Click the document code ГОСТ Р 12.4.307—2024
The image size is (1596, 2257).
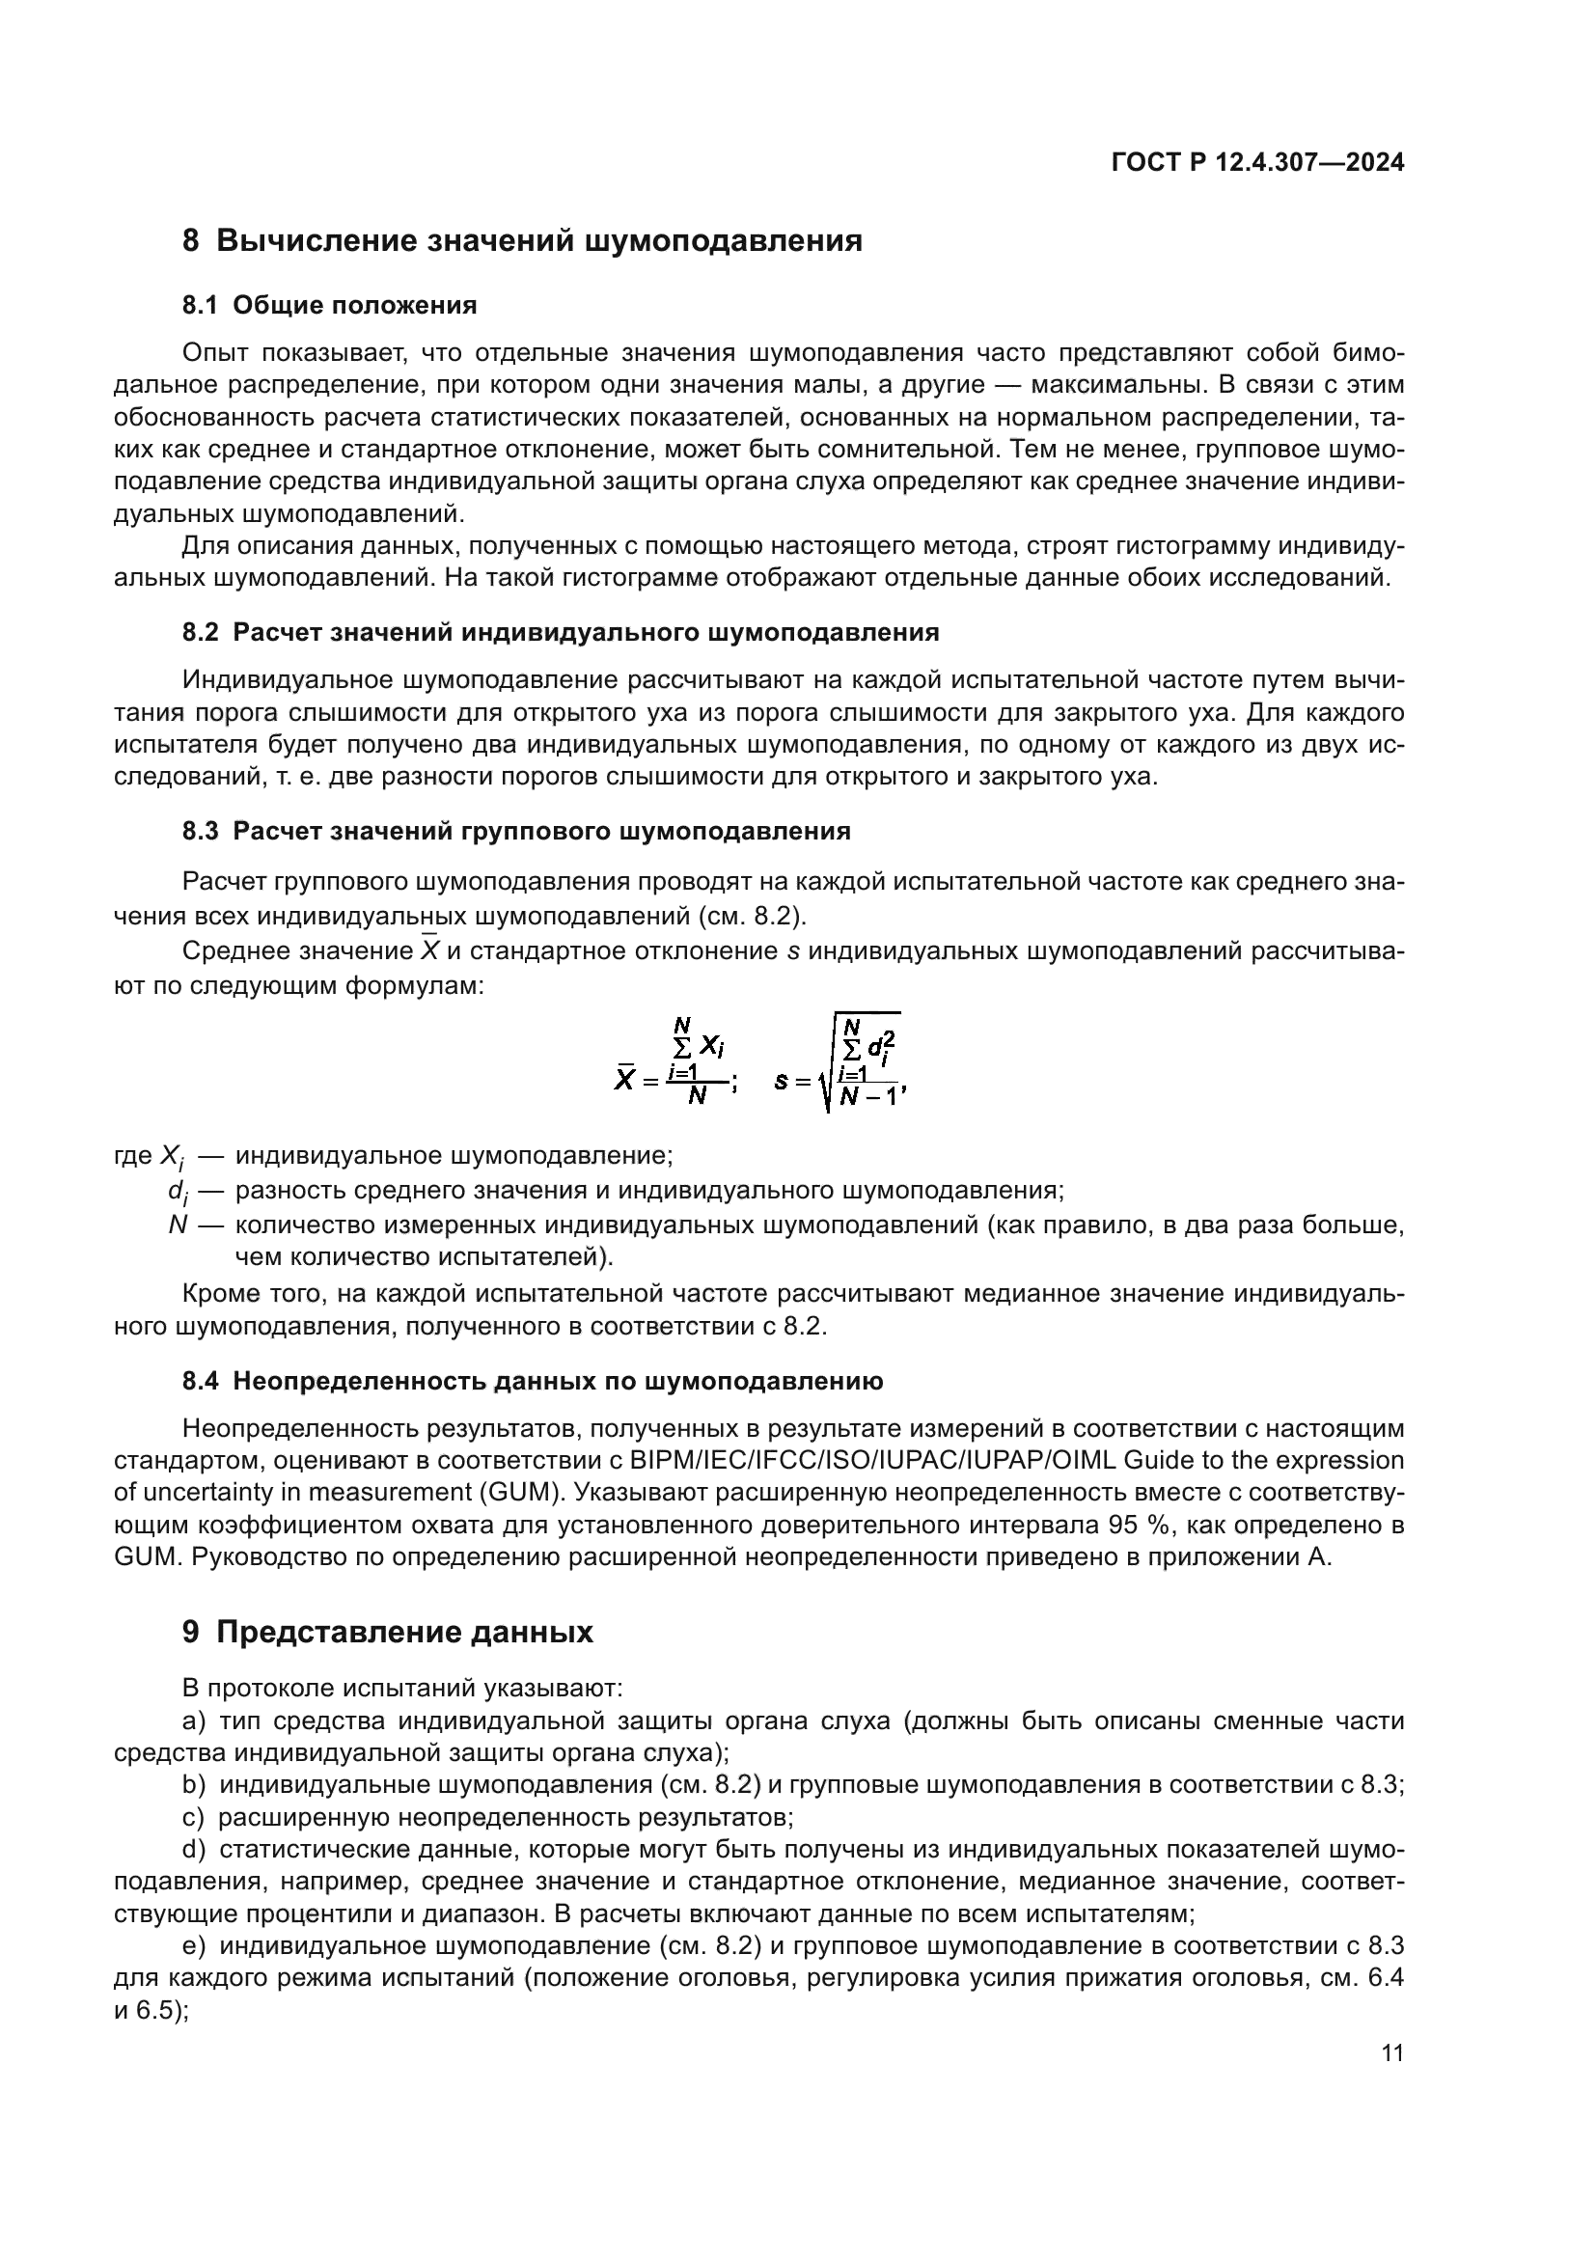point(1257,163)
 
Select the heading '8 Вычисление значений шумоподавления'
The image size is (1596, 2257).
point(522,241)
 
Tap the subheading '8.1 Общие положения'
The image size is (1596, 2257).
point(329,306)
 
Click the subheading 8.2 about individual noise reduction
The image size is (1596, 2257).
point(561,632)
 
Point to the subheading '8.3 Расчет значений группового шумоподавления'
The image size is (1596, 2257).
point(516,832)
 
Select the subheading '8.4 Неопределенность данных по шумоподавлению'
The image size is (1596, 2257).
point(533,1381)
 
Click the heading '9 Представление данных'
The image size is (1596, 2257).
point(387,1633)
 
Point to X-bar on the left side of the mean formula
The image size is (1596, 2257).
point(624,1081)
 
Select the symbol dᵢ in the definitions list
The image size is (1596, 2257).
point(177,1193)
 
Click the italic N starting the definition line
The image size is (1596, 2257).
point(178,1225)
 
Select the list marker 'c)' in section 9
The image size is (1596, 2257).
point(194,1818)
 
